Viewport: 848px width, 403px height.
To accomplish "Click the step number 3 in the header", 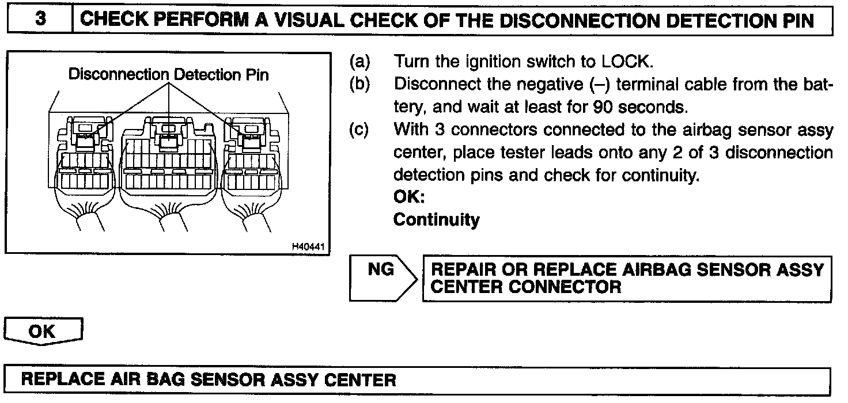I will coord(40,20).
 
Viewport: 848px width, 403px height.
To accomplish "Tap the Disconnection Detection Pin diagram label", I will coord(169,75).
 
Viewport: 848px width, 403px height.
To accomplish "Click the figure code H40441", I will coord(308,247).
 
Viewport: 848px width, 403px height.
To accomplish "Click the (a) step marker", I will coord(360,62).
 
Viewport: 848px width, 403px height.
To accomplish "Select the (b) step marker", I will coord(360,84).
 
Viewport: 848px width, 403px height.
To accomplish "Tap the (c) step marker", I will coord(360,130).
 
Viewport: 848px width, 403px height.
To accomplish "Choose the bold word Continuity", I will coord(436,220).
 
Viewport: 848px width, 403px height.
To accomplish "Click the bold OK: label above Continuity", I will coord(409,197).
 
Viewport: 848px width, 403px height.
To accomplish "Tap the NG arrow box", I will coord(381,278).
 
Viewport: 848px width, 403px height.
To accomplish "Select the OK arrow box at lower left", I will coord(43,332).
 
